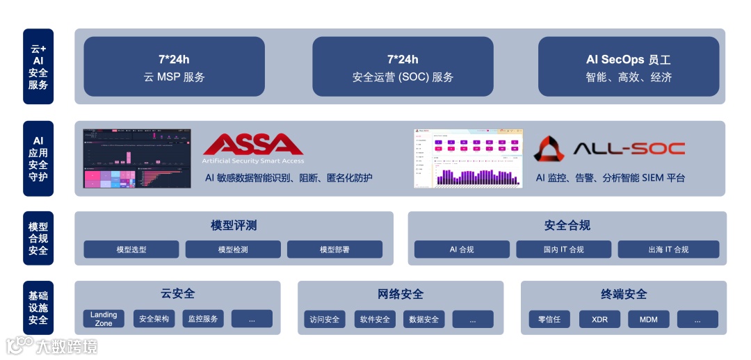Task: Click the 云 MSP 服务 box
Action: click(174, 67)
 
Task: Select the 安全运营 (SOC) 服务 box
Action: click(403, 67)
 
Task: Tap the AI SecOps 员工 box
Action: click(629, 67)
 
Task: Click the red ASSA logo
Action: click(253, 145)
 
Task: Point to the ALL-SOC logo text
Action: click(629, 148)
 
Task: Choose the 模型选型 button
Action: click(131, 249)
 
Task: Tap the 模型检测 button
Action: click(233, 249)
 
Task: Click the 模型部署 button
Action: click(334, 249)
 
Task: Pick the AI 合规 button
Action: click(462, 249)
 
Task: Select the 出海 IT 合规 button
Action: click(668, 249)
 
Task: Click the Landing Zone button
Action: click(104, 319)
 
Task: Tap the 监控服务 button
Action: click(202, 319)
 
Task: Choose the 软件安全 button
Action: click(375, 320)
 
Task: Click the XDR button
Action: click(599, 320)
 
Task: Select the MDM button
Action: click(649, 320)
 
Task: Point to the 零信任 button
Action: click(549, 320)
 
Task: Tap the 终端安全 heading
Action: click(624, 294)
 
